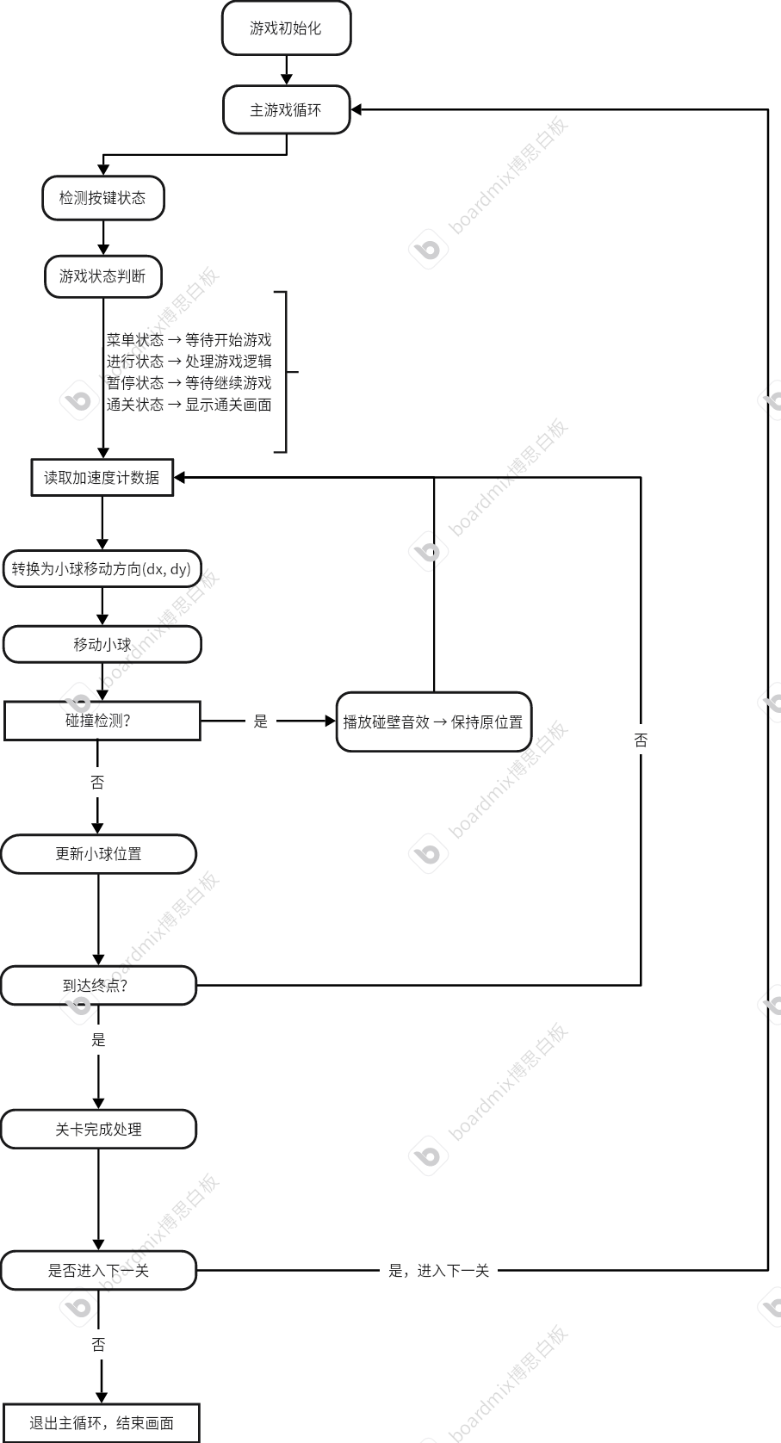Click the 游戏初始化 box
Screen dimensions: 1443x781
(286, 28)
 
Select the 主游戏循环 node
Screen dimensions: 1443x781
(286, 110)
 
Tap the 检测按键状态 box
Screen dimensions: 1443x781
(102, 198)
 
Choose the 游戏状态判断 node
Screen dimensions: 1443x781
(102, 276)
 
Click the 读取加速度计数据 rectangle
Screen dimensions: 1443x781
(102, 478)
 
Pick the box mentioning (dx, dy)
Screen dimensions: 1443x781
(102, 569)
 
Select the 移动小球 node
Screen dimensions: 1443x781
(102, 644)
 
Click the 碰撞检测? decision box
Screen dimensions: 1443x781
(102, 721)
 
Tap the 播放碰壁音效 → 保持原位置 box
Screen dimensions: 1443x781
(433, 722)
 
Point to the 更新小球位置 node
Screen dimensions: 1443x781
(98, 854)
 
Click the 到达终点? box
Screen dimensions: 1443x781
(98, 986)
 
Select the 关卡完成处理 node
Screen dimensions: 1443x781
(98, 1130)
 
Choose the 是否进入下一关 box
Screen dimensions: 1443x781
(98, 1271)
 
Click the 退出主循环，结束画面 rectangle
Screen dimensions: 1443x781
(102, 1423)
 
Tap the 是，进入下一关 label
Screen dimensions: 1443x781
(438, 1271)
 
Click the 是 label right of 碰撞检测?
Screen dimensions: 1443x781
(261, 721)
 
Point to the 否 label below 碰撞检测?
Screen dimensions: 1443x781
(97, 783)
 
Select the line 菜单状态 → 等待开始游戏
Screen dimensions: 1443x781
(189, 340)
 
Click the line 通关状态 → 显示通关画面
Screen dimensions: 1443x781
(189, 405)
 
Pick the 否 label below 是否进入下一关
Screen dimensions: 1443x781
(98, 1345)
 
